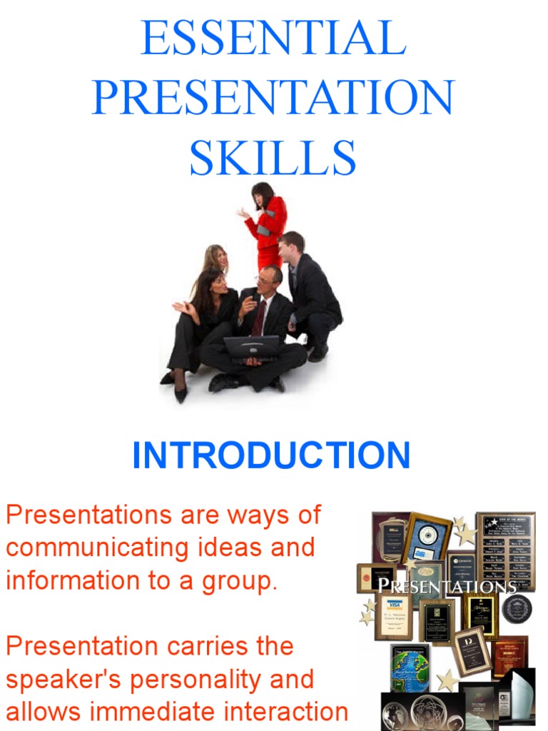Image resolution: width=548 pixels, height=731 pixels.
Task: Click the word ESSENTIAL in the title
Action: pyautogui.click(x=273, y=39)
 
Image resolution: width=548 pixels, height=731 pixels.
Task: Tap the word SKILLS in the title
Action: pyautogui.click(x=273, y=158)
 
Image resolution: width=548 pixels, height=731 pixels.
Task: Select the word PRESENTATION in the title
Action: pyautogui.click(x=273, y=98)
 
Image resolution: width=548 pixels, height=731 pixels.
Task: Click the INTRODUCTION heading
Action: pyautogui.click(x=271, y=456)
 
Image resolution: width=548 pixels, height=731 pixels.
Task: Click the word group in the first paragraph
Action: pyautogui.click(x=240, y=581)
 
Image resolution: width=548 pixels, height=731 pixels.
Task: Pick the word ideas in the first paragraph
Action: pyautogui.click(x=238, y=548)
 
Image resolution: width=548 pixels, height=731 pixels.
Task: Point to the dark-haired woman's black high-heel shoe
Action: pyautogui.click(x=181, y=392)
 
